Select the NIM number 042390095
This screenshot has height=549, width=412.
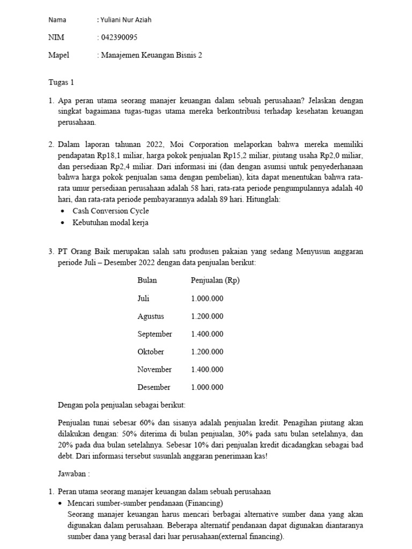(x=120, y=38)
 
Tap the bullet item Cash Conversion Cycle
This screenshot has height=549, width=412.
(x=111, y=211)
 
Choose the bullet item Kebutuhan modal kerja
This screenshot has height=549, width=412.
(x=111, y=222)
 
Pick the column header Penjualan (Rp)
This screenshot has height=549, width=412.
(x=215, y=280)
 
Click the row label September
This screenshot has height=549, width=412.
(x=154, y=334)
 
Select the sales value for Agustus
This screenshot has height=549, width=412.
(x=207, y=316)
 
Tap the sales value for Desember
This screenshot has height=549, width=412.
(x=207, y=387)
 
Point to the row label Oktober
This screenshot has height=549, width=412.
(x=151, y=352)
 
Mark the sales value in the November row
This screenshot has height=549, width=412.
(x=207, y=369)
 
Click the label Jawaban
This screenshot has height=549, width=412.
(x=74, y=474)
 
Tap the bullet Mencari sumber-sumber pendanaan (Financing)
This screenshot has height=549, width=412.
(x=145, y=503)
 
